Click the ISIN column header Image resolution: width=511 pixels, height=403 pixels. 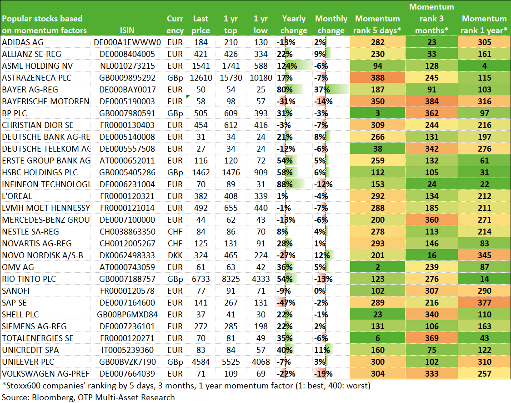(127, 31)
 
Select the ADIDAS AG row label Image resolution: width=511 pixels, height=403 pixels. (22, 42)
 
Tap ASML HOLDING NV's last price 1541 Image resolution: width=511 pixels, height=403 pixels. (201, 66)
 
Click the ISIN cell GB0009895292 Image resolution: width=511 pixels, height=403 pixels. (127, 78)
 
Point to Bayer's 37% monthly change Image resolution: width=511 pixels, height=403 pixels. (322, 89)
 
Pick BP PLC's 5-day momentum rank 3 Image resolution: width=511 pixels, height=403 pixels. (377, 113)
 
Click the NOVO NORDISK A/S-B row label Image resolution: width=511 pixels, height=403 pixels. (42, 255)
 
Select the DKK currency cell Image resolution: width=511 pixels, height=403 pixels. (175, 255)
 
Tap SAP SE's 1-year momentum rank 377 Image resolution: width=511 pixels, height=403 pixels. (484, 302)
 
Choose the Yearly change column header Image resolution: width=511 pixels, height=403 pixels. (294, 25)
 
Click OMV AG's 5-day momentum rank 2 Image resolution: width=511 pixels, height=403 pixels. (377, 267)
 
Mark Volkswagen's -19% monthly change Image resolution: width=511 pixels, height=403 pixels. (323, 374)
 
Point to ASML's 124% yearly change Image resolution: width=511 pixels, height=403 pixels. (287, 66)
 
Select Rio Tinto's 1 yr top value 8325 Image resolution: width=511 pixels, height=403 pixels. (231, 279)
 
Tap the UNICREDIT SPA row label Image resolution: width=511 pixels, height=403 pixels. (30, 350)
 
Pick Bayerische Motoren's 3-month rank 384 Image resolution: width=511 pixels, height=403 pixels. (431, 102)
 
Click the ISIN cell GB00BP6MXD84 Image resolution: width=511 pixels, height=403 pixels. (127, 315)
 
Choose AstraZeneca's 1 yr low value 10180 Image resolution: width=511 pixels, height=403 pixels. (261, 78)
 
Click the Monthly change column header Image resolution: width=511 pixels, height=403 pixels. (331, 25)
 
